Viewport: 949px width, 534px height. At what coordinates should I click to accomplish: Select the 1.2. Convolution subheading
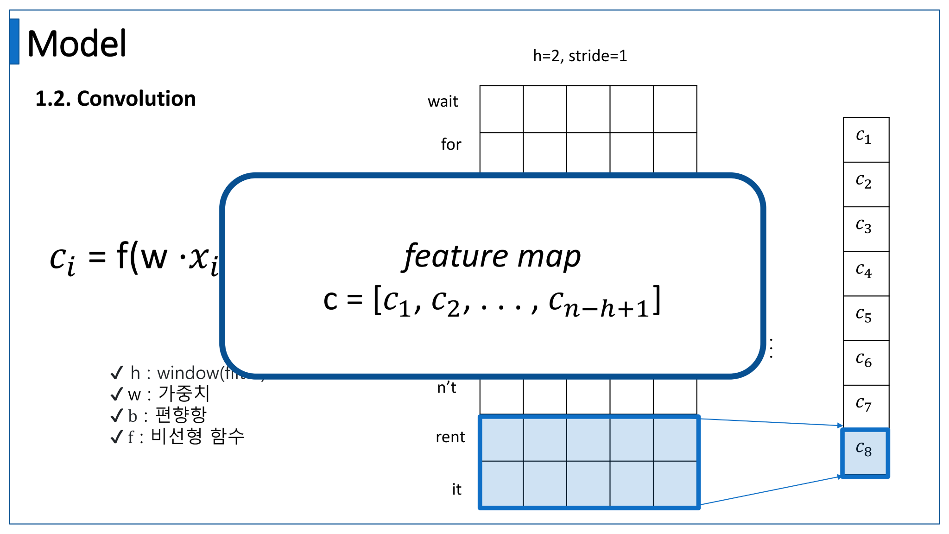(x=115, y=99)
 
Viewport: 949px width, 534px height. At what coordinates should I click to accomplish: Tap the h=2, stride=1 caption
(x=580, y=56)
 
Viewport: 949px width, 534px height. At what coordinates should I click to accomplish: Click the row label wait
(x=443, y=102)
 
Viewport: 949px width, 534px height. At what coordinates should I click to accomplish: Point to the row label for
(x=451, y=145)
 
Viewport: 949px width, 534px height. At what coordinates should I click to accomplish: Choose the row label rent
(x=450, y=437)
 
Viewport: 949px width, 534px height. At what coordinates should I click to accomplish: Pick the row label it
(x=456, y=489)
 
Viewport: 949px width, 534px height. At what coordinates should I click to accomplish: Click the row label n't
(x=447, y=388)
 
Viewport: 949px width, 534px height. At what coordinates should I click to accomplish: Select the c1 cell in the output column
(x=866, y=140)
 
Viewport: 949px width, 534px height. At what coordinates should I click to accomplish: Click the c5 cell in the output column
(x=866, y=318)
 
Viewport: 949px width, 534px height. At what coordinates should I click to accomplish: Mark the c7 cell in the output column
(x=866, y=407)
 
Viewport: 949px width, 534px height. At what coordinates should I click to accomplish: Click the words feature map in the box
(x=492, y=256)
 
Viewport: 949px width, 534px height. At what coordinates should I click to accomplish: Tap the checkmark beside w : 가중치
(x=117, y=394)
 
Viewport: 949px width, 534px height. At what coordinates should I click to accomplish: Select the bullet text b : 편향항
(x=167, y=415)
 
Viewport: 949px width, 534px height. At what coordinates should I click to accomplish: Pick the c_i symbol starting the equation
(x=63, y=260)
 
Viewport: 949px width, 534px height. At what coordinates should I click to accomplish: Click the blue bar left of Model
(x=14, y=41)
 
